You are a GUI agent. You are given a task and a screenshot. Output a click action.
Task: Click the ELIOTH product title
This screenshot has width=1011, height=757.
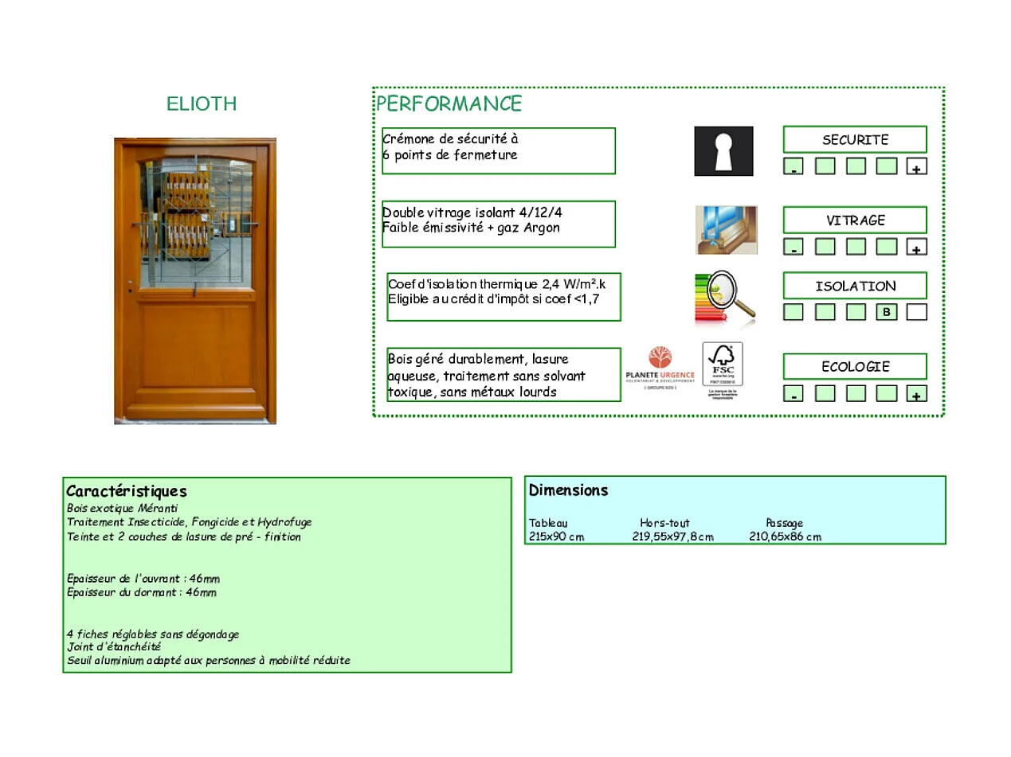(202, 103)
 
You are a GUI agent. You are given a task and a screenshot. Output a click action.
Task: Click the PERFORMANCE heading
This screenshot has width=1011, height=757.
(449, 103)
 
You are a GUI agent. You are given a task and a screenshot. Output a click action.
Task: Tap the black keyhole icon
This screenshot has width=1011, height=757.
(723, 150)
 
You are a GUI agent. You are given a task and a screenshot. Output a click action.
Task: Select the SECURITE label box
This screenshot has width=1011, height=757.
(855, 139)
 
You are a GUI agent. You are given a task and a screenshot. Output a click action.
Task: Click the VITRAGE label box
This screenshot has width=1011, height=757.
(855, 220)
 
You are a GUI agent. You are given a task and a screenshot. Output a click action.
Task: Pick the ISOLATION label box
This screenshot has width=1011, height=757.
(855, 286)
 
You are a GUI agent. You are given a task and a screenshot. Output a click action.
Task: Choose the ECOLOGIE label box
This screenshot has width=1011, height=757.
(855, 367)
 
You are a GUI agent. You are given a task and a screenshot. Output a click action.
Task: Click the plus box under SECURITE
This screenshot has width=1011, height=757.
(917, 167)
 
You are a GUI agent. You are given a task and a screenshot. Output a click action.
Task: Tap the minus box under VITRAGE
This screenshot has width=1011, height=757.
(794, 248)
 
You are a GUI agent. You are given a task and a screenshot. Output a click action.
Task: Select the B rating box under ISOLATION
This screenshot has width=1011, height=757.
(886, 312)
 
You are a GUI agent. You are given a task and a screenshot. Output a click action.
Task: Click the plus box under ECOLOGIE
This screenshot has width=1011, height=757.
(917, 394)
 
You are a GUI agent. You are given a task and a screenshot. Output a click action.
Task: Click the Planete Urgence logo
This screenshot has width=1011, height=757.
(660, 367)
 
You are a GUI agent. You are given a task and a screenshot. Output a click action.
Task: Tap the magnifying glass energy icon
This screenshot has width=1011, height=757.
(725, 298)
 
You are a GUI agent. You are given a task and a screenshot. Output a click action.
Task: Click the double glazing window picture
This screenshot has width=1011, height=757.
(726, 229)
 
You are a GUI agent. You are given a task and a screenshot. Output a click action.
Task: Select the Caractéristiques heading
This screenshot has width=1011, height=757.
(127, 491)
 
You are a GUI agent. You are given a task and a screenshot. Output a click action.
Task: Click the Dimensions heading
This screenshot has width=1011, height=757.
(568, 490)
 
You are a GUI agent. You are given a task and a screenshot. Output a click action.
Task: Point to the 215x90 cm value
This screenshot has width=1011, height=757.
(556, 537)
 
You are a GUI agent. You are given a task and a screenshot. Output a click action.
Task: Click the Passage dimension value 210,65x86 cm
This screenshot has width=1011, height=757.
(785, 537)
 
